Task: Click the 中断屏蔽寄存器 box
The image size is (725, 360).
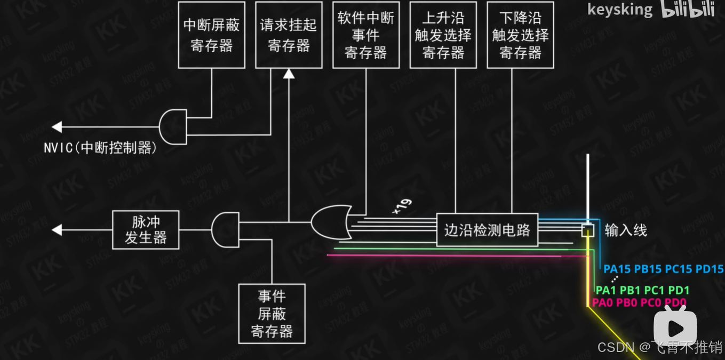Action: click(x=212, y=35)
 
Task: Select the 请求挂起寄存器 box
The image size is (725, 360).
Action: click(x=289, y=35)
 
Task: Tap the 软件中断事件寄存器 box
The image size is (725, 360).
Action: click(x=366, y=35)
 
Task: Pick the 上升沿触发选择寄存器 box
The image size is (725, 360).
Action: click(x=443, y=35)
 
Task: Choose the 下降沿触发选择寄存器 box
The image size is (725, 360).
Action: click(x=520, y=35)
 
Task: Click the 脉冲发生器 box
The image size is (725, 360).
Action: click(x=146, y=230)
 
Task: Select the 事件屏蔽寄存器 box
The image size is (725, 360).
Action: click(x=272, y=314)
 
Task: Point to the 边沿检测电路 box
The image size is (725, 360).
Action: click(x=487, y=230)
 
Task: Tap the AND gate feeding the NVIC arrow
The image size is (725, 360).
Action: click(x=174, y=127)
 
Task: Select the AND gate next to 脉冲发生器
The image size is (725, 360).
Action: click(x=225, y=230)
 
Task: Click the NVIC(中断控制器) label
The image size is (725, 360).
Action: click(x=100, y=148)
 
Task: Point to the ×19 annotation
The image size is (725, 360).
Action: click(x=402, y=207)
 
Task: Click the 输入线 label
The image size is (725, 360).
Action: click(x=625, y=230)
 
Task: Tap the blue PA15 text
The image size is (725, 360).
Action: click(x=617, y=269)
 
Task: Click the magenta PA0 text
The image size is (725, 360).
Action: click(x=603, y=303)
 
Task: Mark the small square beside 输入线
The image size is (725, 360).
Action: click(x=587, y=230)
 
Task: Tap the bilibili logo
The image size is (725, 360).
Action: click(x=688, y=10)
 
